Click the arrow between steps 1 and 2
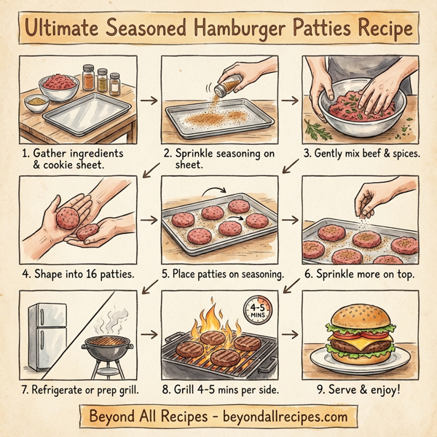(149, 99)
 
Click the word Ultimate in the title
(60, 29)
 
